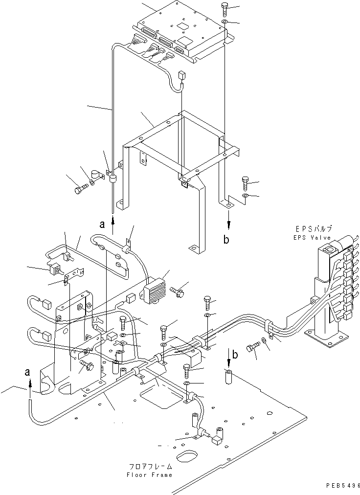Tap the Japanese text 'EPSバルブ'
click(314, 229)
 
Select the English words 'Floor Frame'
click(149, 475)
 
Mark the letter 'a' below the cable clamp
click(102, 225)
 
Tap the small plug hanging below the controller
click(182, 76)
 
